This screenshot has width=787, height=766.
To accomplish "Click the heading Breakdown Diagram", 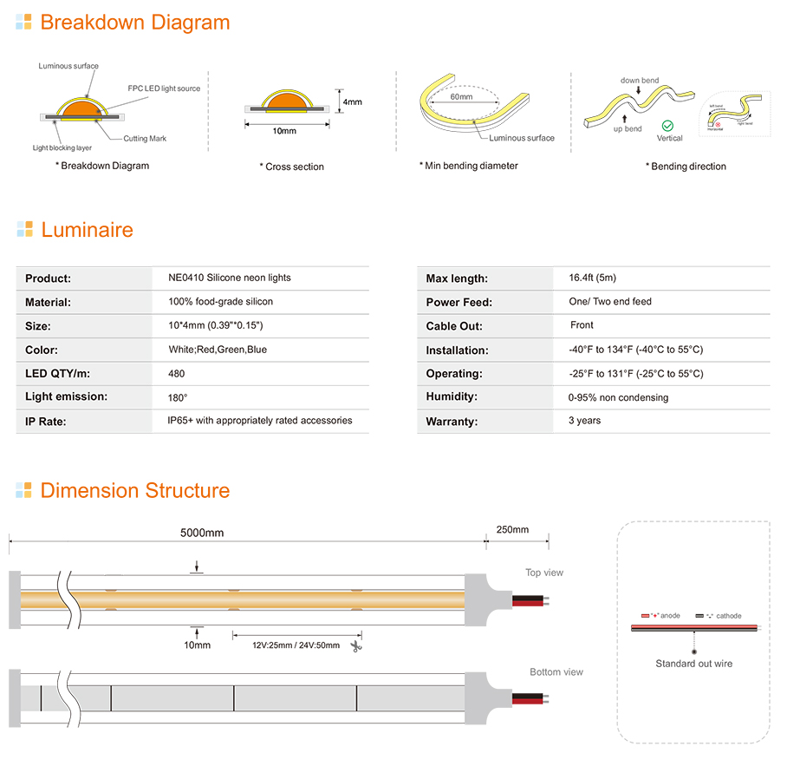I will tap(134, 23).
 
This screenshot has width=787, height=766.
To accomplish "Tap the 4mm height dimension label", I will tap(352, 101).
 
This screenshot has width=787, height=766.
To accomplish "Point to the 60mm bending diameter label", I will tap(461, 97).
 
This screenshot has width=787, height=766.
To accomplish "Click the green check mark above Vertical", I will tap(667, 126).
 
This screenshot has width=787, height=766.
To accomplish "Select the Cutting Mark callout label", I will tap(145, 139).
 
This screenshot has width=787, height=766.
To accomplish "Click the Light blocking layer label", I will tap(62, 148).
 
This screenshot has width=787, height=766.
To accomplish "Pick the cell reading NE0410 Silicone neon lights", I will tap(230, 278).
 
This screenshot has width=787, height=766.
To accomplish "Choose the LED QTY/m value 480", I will tap(177, 374).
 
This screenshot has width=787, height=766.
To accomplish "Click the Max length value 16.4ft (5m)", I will tap(592, 278).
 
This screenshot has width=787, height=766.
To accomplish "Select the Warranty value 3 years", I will tap(584, 421).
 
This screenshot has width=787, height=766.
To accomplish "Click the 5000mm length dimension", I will tap(202, 533).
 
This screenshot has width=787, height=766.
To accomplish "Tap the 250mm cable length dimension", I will tap(511, 530).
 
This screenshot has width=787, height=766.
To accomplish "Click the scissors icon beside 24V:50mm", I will tap(355, 646).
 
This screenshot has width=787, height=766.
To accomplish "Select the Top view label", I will tap(544, 573).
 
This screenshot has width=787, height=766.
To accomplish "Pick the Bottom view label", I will tap(556, 672).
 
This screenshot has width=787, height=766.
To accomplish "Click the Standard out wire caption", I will tap(693, 664).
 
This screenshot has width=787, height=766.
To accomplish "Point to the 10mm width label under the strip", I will tap(197, 645).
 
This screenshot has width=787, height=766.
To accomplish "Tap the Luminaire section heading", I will tap(87, 230).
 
